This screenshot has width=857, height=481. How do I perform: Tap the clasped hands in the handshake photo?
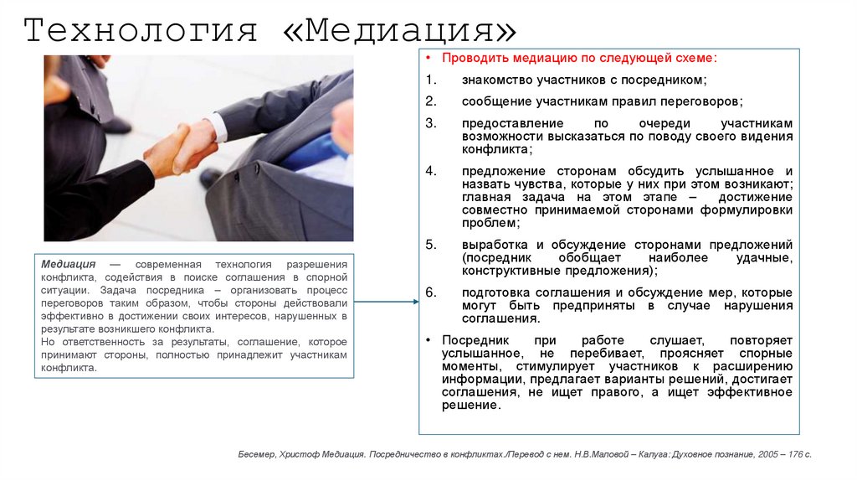pyautogui.click(x=180, y=147)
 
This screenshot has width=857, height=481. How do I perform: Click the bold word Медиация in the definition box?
pyautogui.click(x=68, y=263)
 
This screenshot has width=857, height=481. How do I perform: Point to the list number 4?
pyautogui.click(x=430, y=170)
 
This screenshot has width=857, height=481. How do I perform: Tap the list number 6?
pyautogui.click(x=430, y=292)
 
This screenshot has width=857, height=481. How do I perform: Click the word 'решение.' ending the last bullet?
pyautogui.click(x=472, y=406)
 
